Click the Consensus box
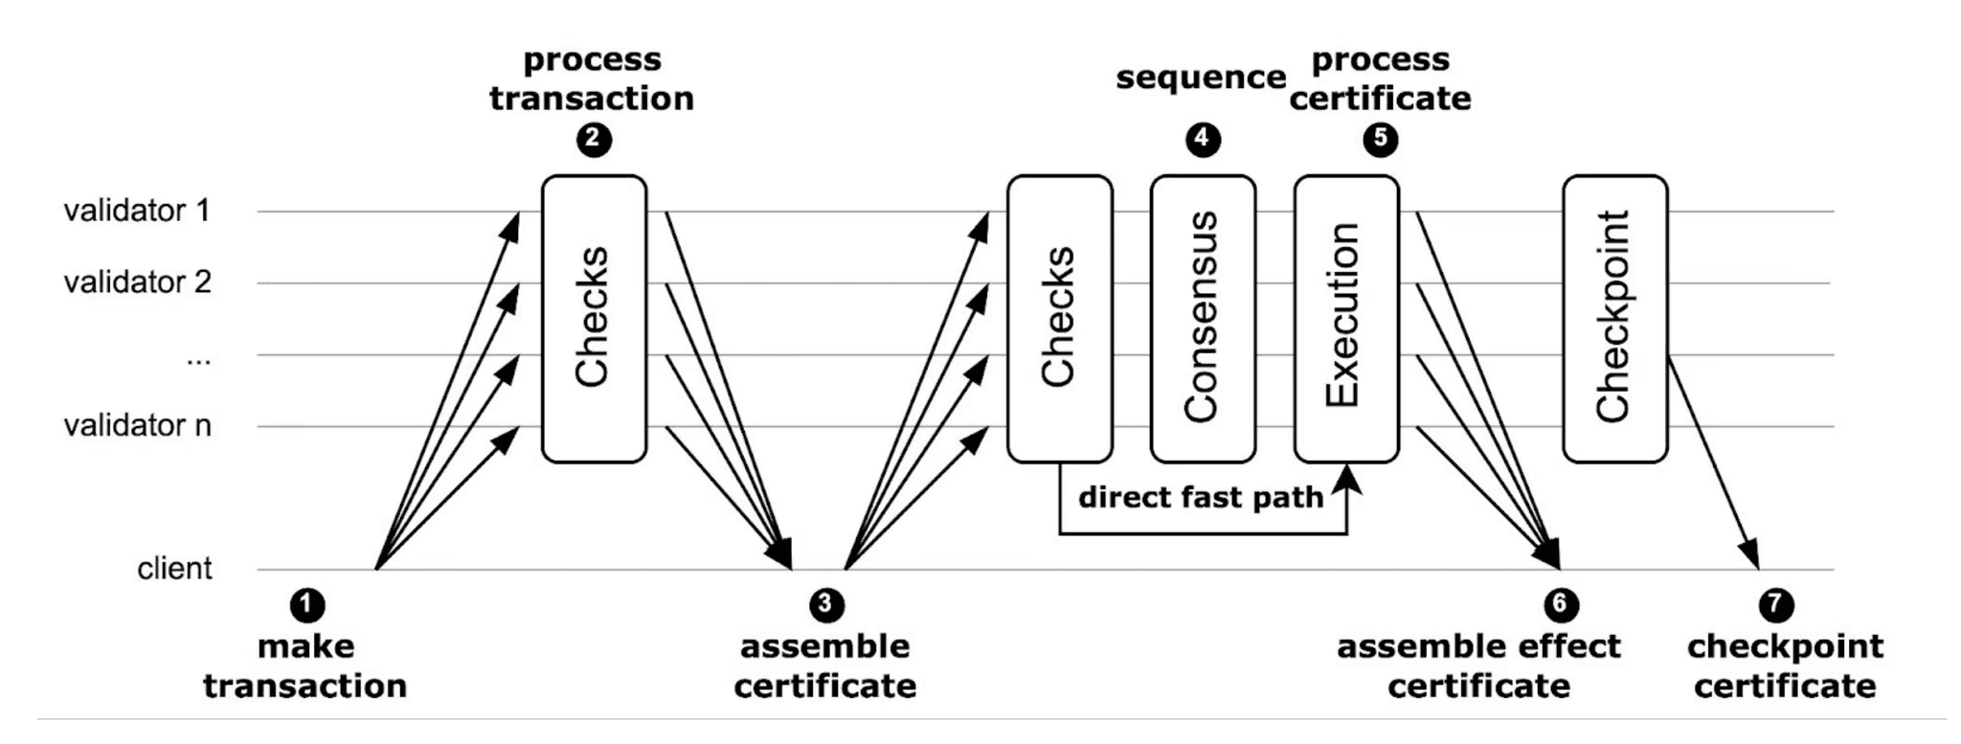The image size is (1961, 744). click(1203, 319)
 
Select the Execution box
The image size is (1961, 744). click(1345, 319)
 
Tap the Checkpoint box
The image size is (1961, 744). click(1614, 319)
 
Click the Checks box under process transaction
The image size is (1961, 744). click(594, 319)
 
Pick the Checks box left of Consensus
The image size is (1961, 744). click(1059, 319)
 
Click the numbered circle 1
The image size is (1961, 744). click(306, 605)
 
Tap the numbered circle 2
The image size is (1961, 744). click(594, 140)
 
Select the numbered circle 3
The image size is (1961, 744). click(826, 605)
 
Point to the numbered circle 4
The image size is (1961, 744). click(1203, 140)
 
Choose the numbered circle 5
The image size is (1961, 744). click(1380, 140)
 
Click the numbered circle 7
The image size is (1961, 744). click(1776, 605)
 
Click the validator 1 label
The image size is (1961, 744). click(137, 211)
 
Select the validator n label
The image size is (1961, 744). click(137, 425)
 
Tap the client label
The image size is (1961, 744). click(174, 569)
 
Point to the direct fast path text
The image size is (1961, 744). click(1201, 498)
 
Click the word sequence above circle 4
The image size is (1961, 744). click(1201, 78)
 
